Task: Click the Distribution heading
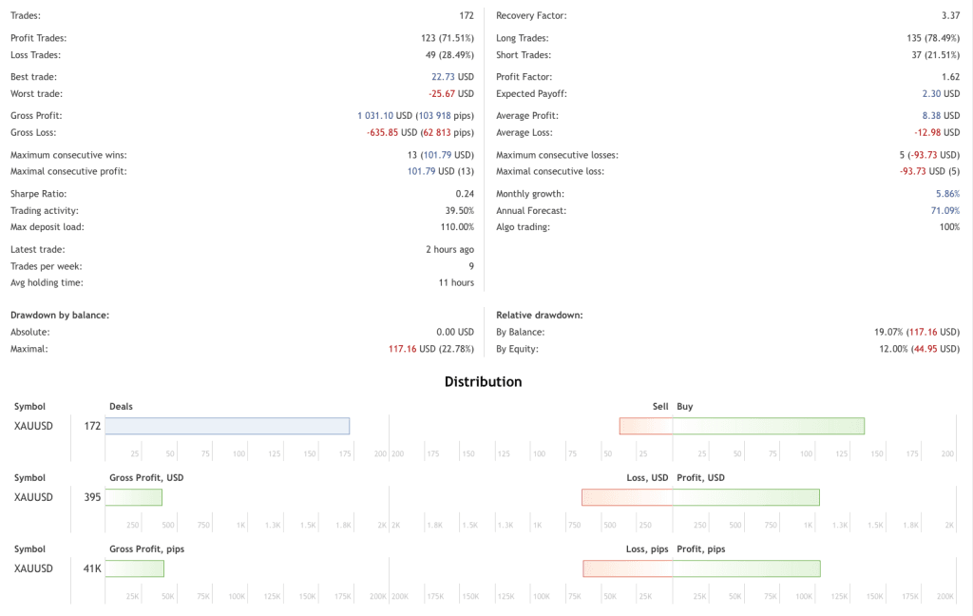coord(483,382)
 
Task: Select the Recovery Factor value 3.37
coord(949,16)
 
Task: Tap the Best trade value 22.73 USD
coord(452,77)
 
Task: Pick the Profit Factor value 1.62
coord(949,77)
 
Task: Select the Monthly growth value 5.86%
coord(946,193)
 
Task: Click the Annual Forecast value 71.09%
coord(944,210)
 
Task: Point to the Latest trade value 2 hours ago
coord(449,249)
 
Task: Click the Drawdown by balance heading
coord(59,314)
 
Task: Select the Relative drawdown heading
coord(539,314)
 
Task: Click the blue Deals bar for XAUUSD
coord(227,426)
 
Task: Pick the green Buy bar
coord(769,426)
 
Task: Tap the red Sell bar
coord(646,426)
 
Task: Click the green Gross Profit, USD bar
coord(133,497)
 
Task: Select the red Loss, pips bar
coord(628,568)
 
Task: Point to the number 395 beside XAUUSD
coord(92,497)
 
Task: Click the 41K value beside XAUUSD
coord(92,568)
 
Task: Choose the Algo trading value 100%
coord(949,227)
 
